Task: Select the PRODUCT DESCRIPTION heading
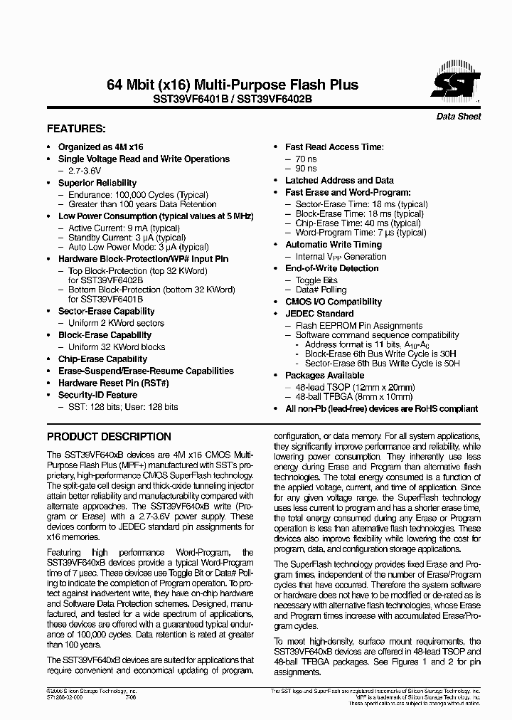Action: click(109, 436)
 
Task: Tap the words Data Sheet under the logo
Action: click(457, 117)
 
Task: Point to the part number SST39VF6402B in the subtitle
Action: click(274, 100)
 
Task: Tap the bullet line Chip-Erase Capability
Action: click(102, 359)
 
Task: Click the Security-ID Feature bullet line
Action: click(97, 395)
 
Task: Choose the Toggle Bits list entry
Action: click(316, 280)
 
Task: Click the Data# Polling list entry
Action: click(321, 290)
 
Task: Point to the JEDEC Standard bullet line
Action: click(319, 313)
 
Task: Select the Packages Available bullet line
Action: click(324, 375)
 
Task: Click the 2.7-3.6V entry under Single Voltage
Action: click(87, 171)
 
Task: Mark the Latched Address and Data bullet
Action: click(339, 181)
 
